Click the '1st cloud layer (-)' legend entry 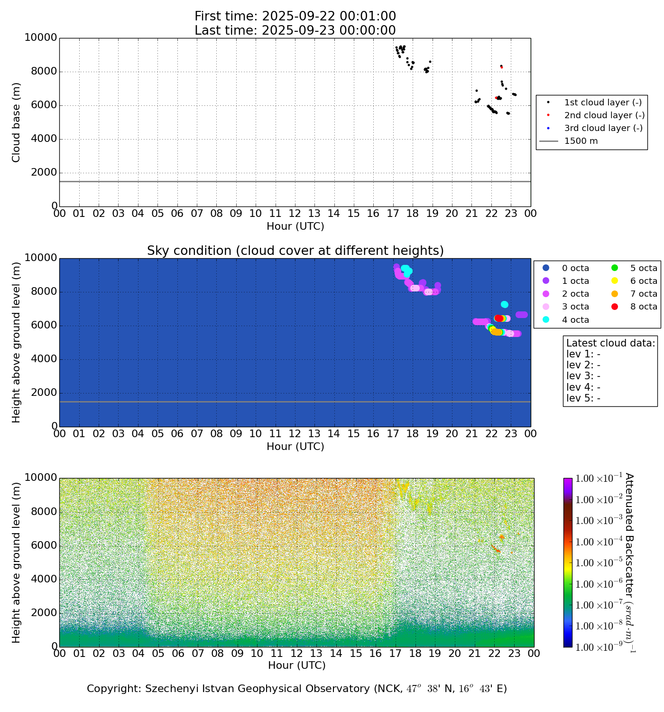602,103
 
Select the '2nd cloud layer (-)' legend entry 604,115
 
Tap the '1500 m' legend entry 581,141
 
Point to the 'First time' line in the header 295,16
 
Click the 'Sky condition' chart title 295,250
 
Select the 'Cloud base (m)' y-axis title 17,122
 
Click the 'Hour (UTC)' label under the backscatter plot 296,665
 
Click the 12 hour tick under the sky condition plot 295,433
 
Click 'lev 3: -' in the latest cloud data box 583,376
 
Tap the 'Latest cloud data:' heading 610,343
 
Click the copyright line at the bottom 296,689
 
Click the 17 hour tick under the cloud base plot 393,214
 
